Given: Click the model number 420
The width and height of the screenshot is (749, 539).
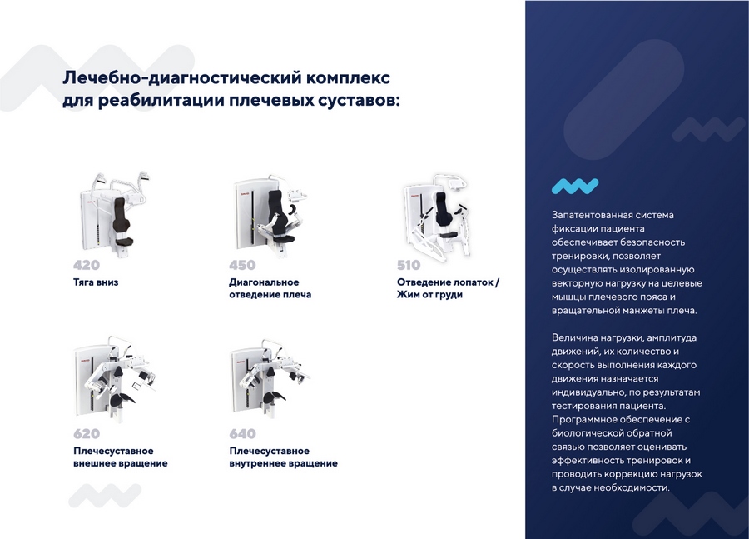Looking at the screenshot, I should (87, 265).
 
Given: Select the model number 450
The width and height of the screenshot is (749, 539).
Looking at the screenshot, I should (242, 265).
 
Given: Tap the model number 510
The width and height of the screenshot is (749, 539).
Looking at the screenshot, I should (409, 265).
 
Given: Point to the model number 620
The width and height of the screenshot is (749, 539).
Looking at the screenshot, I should (87, 433).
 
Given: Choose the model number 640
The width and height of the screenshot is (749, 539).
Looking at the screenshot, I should (242, 433).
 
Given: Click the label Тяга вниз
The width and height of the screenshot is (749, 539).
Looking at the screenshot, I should (96, 282).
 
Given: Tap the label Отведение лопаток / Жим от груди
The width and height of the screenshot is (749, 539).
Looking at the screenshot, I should (448, 288).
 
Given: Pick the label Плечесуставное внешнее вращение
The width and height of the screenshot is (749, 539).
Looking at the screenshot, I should (120, 457).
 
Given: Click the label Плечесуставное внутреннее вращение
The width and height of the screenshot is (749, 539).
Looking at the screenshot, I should (283, 457).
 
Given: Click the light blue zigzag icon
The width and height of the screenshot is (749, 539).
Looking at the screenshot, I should (575, 186).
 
